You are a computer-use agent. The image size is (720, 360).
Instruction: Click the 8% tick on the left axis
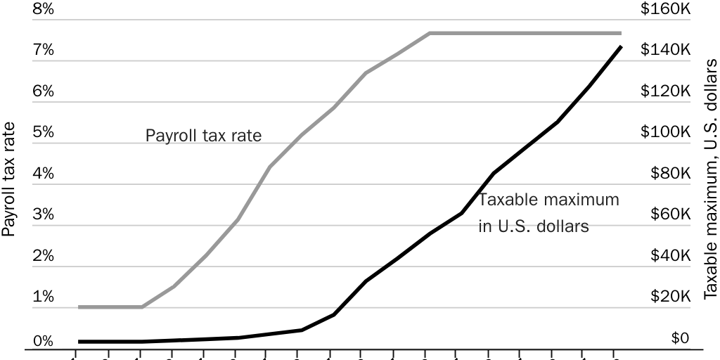tap(43, 9)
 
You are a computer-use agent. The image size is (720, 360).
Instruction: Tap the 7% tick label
tap(43, 51)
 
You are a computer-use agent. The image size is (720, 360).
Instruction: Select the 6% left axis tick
tap(43, 91)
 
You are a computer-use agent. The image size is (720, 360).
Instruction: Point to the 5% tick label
tap(43, 133)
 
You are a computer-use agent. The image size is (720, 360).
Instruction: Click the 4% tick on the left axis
tap(43, 174)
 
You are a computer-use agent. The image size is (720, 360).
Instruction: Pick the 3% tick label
tap(43, 215)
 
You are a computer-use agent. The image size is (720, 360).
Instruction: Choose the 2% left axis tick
tap(43, 256)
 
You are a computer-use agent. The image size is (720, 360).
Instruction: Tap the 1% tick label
tap(43, 297)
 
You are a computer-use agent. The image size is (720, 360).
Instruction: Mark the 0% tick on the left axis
tap(43, 342)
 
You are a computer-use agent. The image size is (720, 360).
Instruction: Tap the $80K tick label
tap(667, 174)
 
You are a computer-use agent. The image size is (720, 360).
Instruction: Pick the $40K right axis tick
tap(667, 256)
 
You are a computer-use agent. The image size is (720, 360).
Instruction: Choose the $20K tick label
tap(667, 297)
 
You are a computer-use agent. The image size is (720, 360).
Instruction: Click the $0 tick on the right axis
tap(679, 339)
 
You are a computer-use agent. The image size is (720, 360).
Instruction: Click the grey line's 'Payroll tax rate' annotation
tap(203, 136)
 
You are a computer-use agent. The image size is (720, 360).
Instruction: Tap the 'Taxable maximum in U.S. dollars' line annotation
tap(548, 213)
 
